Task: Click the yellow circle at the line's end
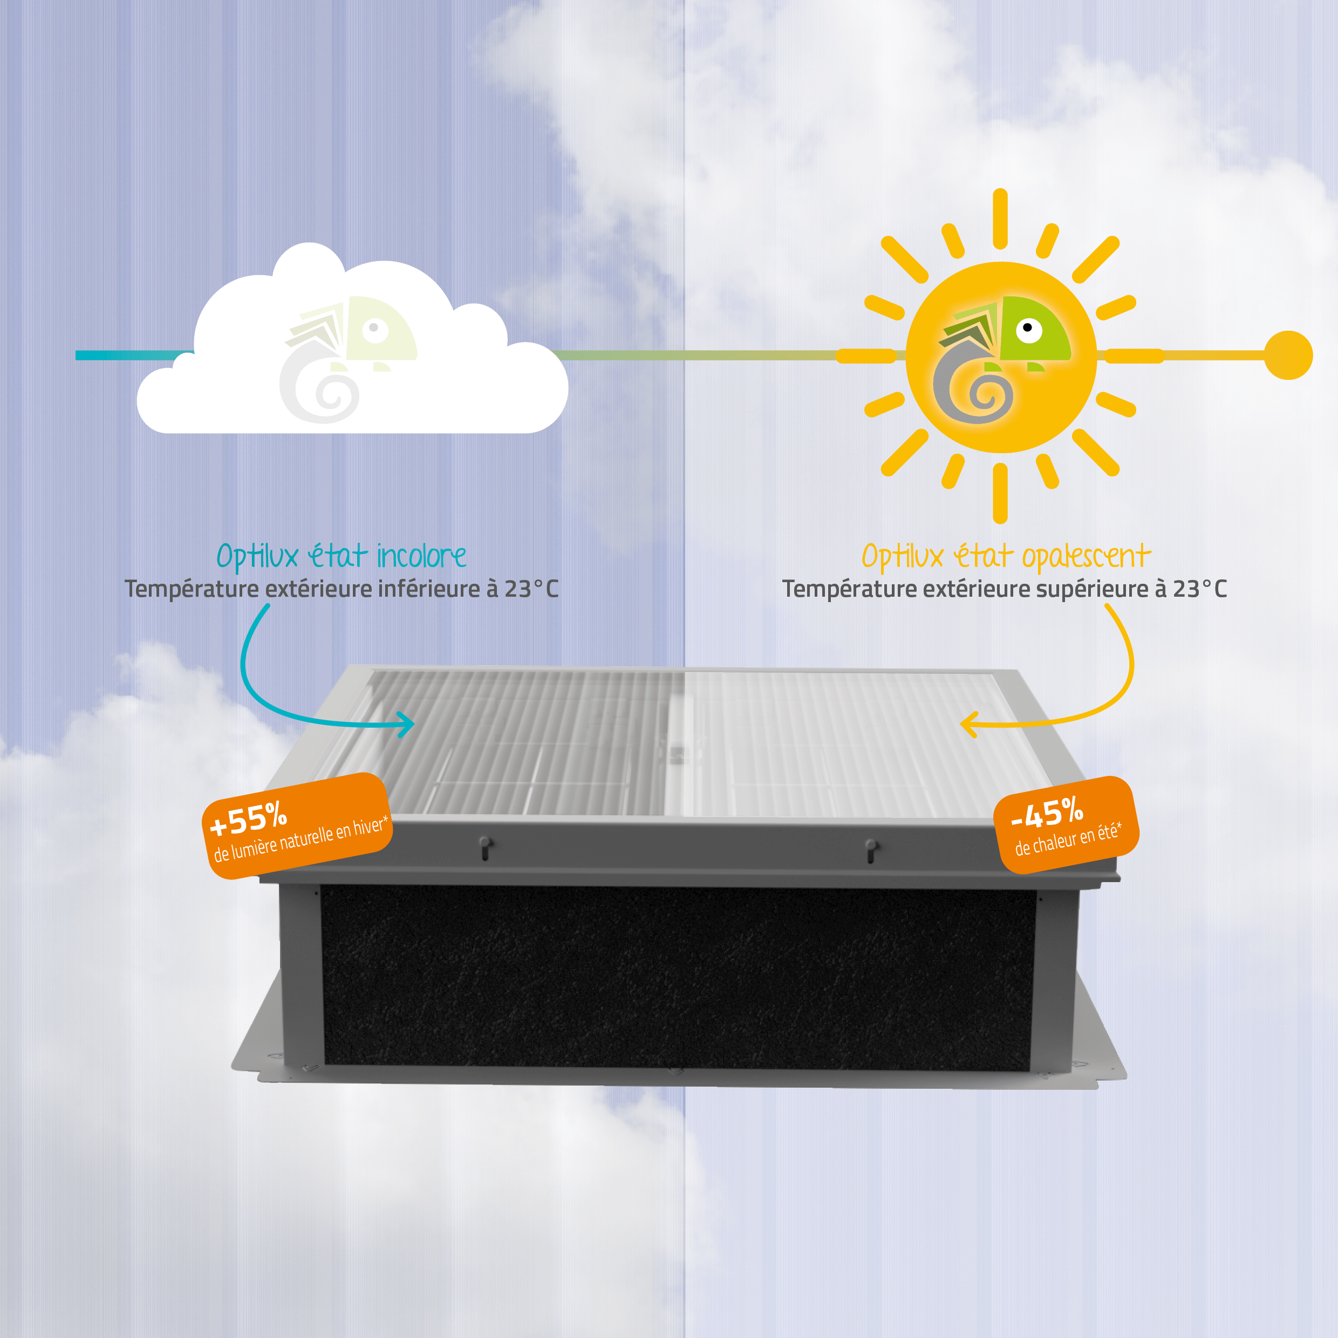[x=1288, y=356]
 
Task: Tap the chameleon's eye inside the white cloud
[x=374, y=328]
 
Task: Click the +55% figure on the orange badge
[x=249, y=818]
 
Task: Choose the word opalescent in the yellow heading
[x=1086, y=557]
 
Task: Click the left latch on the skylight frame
[x=486, y=848]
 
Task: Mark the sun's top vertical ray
[x=1000, y=218]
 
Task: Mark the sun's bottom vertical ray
[x=1000, y=493]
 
